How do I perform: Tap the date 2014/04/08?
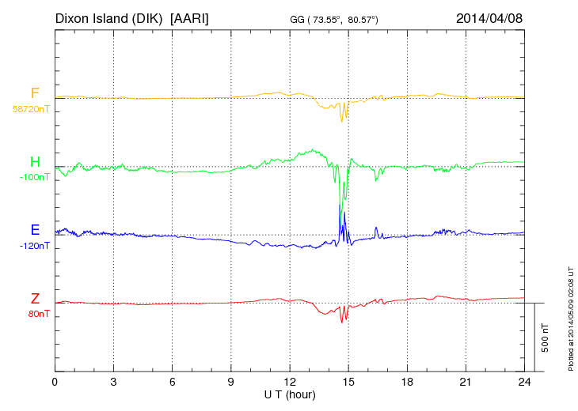coord(489,17)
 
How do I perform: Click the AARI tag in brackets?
coord(191,17)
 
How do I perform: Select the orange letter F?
coord(35,93)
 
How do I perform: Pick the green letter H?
coord(35,162)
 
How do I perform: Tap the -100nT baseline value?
coord(34,177)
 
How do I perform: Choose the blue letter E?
coord(35,230)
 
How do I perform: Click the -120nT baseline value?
coord(34,246)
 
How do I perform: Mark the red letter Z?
coord(35,299)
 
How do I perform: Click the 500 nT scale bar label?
coord(546,337)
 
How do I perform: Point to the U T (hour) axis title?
coord(290,394)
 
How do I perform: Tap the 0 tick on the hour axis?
coord(55,382)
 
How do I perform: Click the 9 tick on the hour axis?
coord(230,382)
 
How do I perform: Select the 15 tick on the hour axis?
coord(348,382)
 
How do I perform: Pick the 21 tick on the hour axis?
coord(466,382)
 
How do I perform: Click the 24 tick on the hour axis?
coord(524,382)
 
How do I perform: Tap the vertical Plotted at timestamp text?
coord(570,316)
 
